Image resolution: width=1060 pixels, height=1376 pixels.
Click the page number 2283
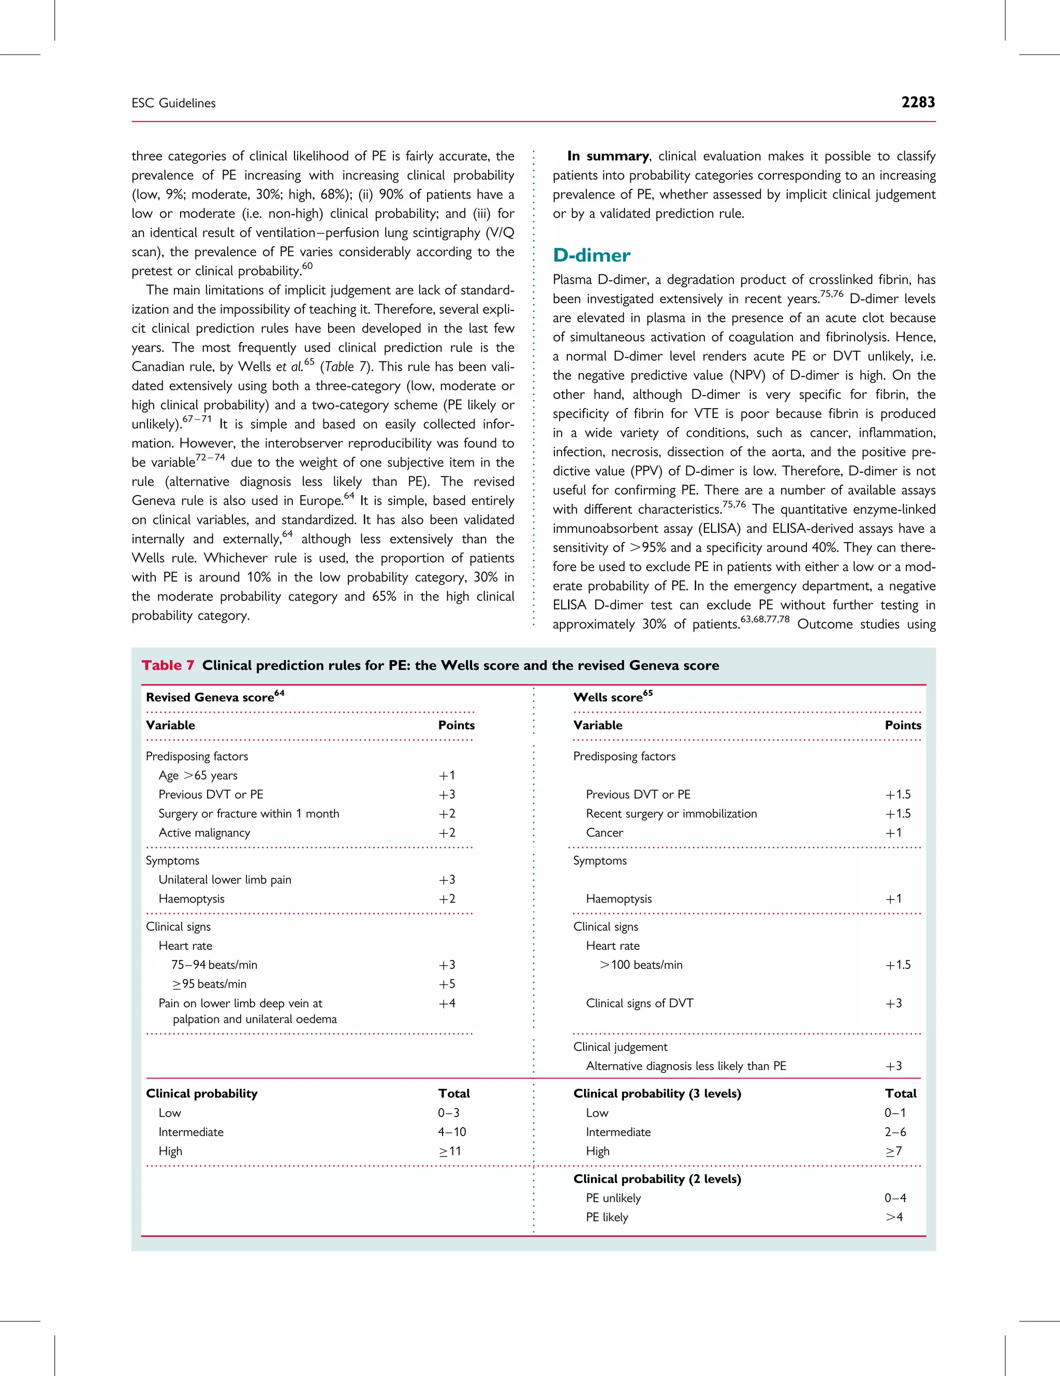(918, 103)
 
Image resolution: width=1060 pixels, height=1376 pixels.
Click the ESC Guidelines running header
(173, 103)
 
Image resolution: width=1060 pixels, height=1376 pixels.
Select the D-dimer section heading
(591, 255)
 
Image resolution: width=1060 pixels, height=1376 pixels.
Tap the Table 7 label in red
(168, 665)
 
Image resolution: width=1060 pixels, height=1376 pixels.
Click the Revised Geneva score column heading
(215, 697)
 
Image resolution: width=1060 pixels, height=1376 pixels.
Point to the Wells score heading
(613, 697)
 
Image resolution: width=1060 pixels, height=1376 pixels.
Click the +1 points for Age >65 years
(447, 775)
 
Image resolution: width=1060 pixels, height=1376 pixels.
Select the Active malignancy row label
(204, 833)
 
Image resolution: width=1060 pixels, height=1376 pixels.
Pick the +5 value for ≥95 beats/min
(447, 984)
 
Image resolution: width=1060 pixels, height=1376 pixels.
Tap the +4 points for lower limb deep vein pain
(447, 1003)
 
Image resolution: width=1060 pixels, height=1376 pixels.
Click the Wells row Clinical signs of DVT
(639, 1003)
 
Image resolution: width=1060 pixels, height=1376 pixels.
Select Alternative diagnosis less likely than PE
(686, 1066)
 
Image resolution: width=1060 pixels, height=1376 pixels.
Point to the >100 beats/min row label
(640, 965)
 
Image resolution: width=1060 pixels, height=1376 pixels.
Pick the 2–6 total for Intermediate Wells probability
(895, 1132)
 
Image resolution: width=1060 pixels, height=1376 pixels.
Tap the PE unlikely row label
(613, 1199)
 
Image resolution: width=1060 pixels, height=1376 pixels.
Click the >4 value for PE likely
(894, 1217)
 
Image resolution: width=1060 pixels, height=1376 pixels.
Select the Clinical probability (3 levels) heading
(657, 1094)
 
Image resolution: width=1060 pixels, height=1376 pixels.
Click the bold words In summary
(608, 156)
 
